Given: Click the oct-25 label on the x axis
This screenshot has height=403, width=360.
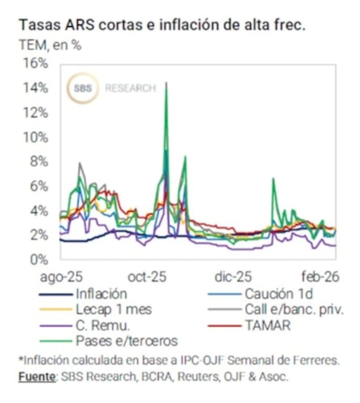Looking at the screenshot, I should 147,276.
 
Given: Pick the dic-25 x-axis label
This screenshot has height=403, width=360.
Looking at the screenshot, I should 233,276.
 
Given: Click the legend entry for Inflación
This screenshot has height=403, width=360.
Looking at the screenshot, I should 101,294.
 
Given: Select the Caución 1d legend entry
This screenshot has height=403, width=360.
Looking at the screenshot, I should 279,294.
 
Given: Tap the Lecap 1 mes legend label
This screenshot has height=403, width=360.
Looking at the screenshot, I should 113,309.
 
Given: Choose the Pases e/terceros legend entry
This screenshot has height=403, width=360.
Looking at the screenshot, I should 126,340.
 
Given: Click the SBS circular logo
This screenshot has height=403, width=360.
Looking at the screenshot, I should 83,88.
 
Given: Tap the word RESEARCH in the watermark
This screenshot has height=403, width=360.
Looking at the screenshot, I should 130,88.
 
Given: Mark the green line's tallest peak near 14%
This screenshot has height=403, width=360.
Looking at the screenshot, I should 166,83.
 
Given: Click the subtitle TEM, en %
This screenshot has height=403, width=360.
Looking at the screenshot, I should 50,45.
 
